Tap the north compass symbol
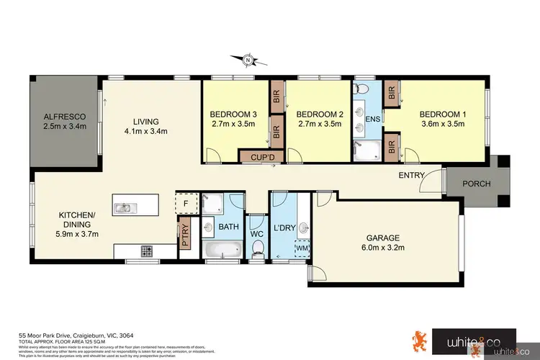click(247, 60)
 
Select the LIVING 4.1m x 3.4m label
click(145, 126)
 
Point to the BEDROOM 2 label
click(319, 119)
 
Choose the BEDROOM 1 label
click(443, 119)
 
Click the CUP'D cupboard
click(256, 156)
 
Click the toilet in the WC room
click(257, 248)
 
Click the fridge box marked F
click(186, 203)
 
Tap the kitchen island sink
click(125, 209)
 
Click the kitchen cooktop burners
click(146, 252)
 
